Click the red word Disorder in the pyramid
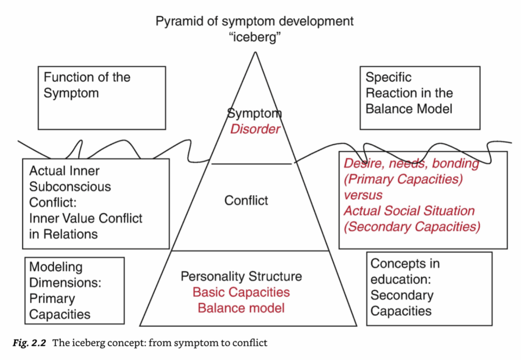pyautogui.click(x=255, y=129)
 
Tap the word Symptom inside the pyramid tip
pyautogui.click(x=254, y=114)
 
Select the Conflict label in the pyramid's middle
pyautogui.click(x=246, y=201)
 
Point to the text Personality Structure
pyautogui.click(x=241, y=276)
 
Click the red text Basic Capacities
pyautogui.click(x=241, y=292)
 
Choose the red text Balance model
pyautogui.click(x=241, y=308)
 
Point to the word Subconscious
pyautogui.click(x=70, y=187)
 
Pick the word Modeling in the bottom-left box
pyautogui.click(x=55, y=267)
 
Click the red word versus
pyautogui.click(x=363, y=195)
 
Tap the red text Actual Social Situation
pyautogui.click(x=409, y=211)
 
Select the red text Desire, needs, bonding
pyautogui.click(x=411, y=163)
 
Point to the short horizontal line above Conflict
pyautogui.click(x=251, y=164)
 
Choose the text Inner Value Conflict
pyautogui.click(x=85, y=218)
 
